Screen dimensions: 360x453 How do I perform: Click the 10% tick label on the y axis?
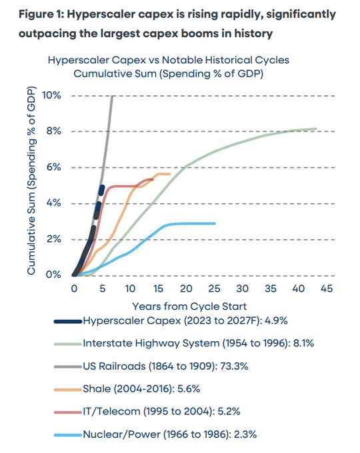tap(51, 95)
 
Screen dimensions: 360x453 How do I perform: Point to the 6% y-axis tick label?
tap(54, 167)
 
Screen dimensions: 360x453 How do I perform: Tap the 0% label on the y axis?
tap(53, 274)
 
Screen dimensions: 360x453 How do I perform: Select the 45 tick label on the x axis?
tap(327, 288)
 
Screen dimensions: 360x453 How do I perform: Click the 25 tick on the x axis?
tap(214, 288)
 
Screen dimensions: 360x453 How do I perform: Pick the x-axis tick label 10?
tap(130, 288)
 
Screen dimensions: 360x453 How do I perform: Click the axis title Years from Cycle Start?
tap(189, 306)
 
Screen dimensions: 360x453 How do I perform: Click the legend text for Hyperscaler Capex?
tap(185, 320)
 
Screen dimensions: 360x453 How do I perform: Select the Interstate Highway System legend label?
tap(199, 343)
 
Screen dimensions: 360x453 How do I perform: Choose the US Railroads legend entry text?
tap(165, 366)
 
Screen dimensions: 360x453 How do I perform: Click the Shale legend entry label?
tap(141, 389)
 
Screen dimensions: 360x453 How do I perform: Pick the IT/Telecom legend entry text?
tap(161, 412)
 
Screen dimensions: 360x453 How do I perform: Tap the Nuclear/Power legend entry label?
tap(170, 434)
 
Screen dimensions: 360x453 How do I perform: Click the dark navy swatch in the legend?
tap(68, 321)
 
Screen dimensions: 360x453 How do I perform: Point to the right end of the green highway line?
tap(316, 129)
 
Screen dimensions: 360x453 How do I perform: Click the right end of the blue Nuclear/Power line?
tap(215, 223)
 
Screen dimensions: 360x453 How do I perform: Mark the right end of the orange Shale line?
tap(170, 174)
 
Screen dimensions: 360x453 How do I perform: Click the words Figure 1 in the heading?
tap(41, 14)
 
